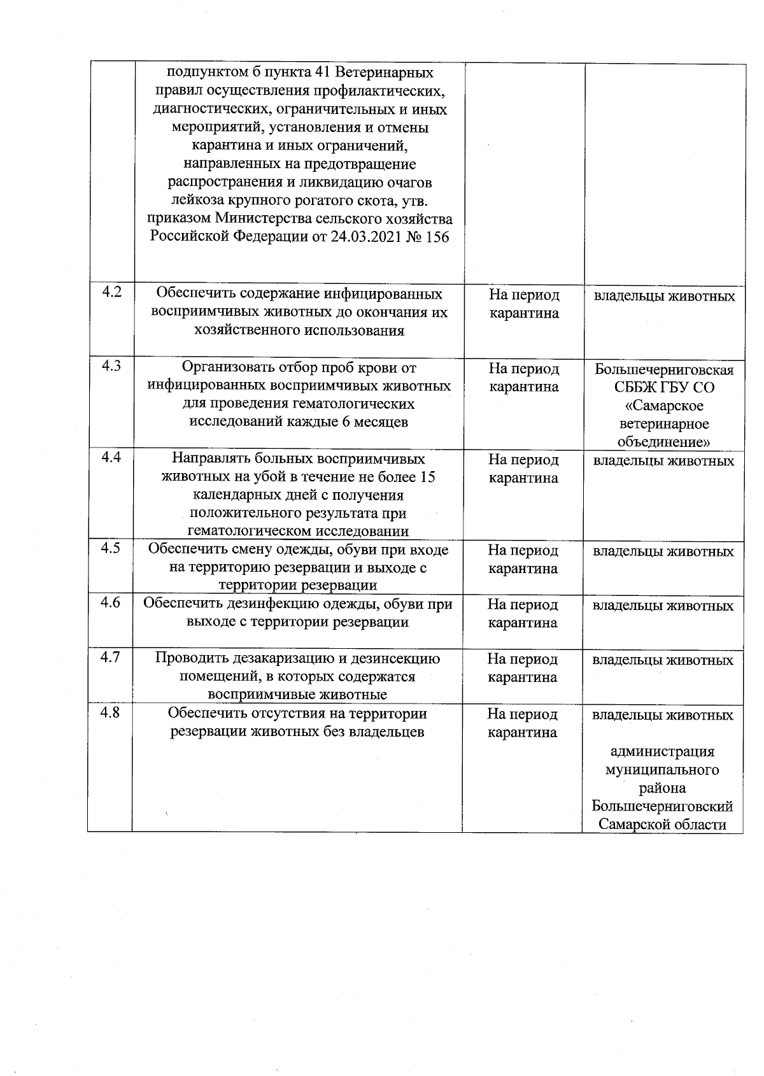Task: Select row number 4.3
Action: click(x=111, y=366)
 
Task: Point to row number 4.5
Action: click(x=111, y=548)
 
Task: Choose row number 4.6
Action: click(x=111, y=602)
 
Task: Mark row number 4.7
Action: click(x=111, y=657)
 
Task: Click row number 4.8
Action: click(x=111, y=712)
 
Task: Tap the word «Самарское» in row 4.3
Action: click(x=664, y=406)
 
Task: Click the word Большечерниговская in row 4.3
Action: click(x=664, y=370)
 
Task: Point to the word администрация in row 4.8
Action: click(x=663, y=752)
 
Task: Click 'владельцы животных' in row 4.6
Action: click(x=663, y=605)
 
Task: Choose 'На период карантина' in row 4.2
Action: click(x=524, y=304)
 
